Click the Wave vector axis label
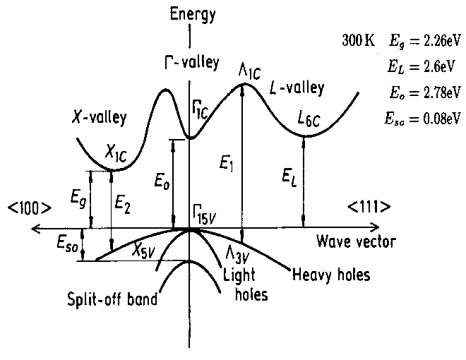tap(356, 242)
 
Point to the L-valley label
tap(297, 89)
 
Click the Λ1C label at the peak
tap(250, 71)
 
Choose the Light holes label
tap(244, 284)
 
